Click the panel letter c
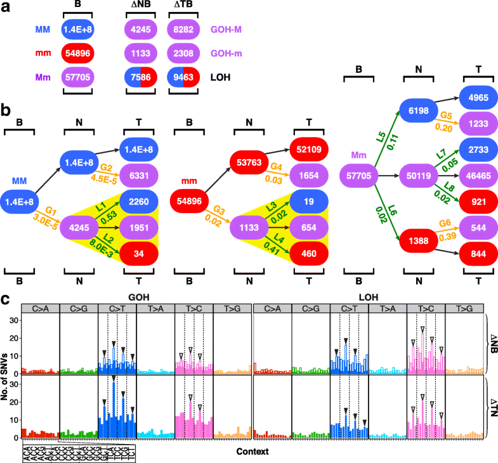6,298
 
